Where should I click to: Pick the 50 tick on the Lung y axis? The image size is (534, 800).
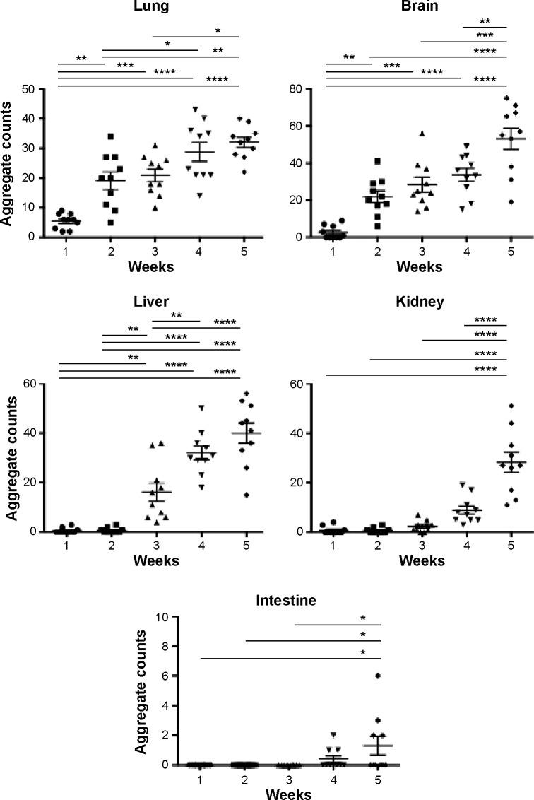tap(29, 89)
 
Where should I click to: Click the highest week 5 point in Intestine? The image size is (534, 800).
tap(378, 676)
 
